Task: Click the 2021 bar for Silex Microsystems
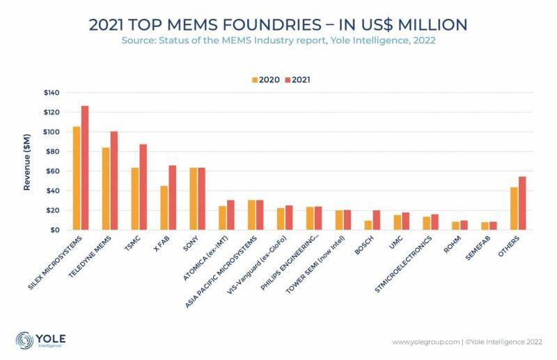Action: (85, 168)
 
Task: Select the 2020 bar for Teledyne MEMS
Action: (106, 189)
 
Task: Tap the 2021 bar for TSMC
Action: (143, 187)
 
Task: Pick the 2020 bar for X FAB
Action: (164, 208)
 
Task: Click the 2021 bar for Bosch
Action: (377, 220)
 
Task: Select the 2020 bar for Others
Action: (515, 208)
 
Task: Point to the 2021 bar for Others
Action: (523, 203)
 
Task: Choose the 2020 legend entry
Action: (265, 79)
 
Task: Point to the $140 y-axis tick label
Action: (51, 93)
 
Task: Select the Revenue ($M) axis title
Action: (27, 162)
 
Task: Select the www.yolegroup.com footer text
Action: (424, 341)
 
